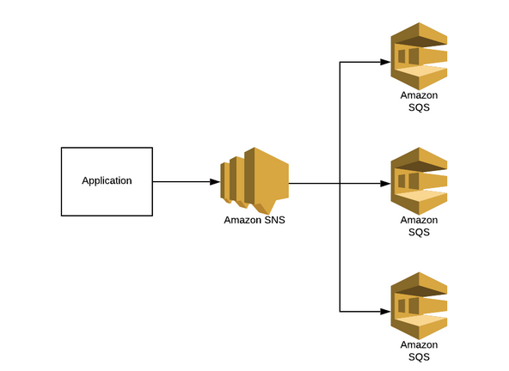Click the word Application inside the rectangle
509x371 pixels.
[107, 181]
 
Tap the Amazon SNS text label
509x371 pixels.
[254, 220]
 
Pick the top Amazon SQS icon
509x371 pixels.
[419, 56]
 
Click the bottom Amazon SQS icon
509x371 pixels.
[419, 307]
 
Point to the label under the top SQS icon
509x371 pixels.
[419, 101]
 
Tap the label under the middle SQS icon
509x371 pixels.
[419, 226]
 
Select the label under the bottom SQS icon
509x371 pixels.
[419, 350]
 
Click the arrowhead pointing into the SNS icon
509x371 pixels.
[214, 182]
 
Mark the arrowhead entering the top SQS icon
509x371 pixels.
[386, 62]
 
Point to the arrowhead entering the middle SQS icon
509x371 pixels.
[386, 184]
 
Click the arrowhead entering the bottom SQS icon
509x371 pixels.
[386, 311]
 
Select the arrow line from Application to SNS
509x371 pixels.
[185, 182]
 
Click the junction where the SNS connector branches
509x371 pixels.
[341, 184]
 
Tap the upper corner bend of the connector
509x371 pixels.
[341, 62]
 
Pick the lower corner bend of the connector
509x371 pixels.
[341, 311]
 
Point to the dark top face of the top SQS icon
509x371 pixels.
[419, 39]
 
